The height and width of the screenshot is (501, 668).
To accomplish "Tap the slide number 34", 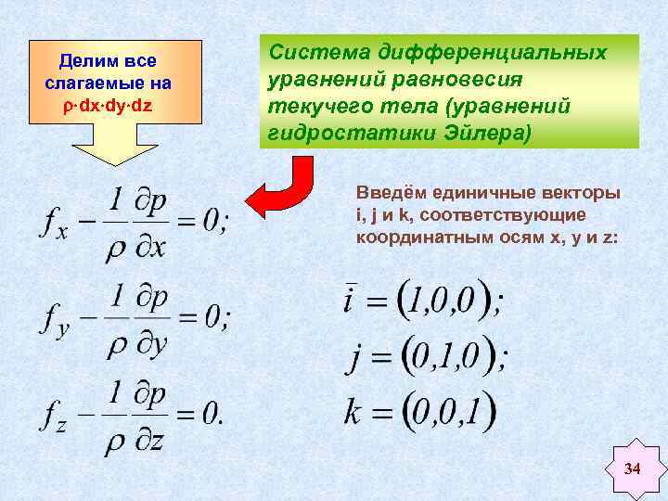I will [x=632, y=469].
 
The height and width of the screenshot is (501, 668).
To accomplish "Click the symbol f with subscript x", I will [x=55, y=223].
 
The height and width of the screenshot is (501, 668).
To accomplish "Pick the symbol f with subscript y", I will [x=54, y=319].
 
